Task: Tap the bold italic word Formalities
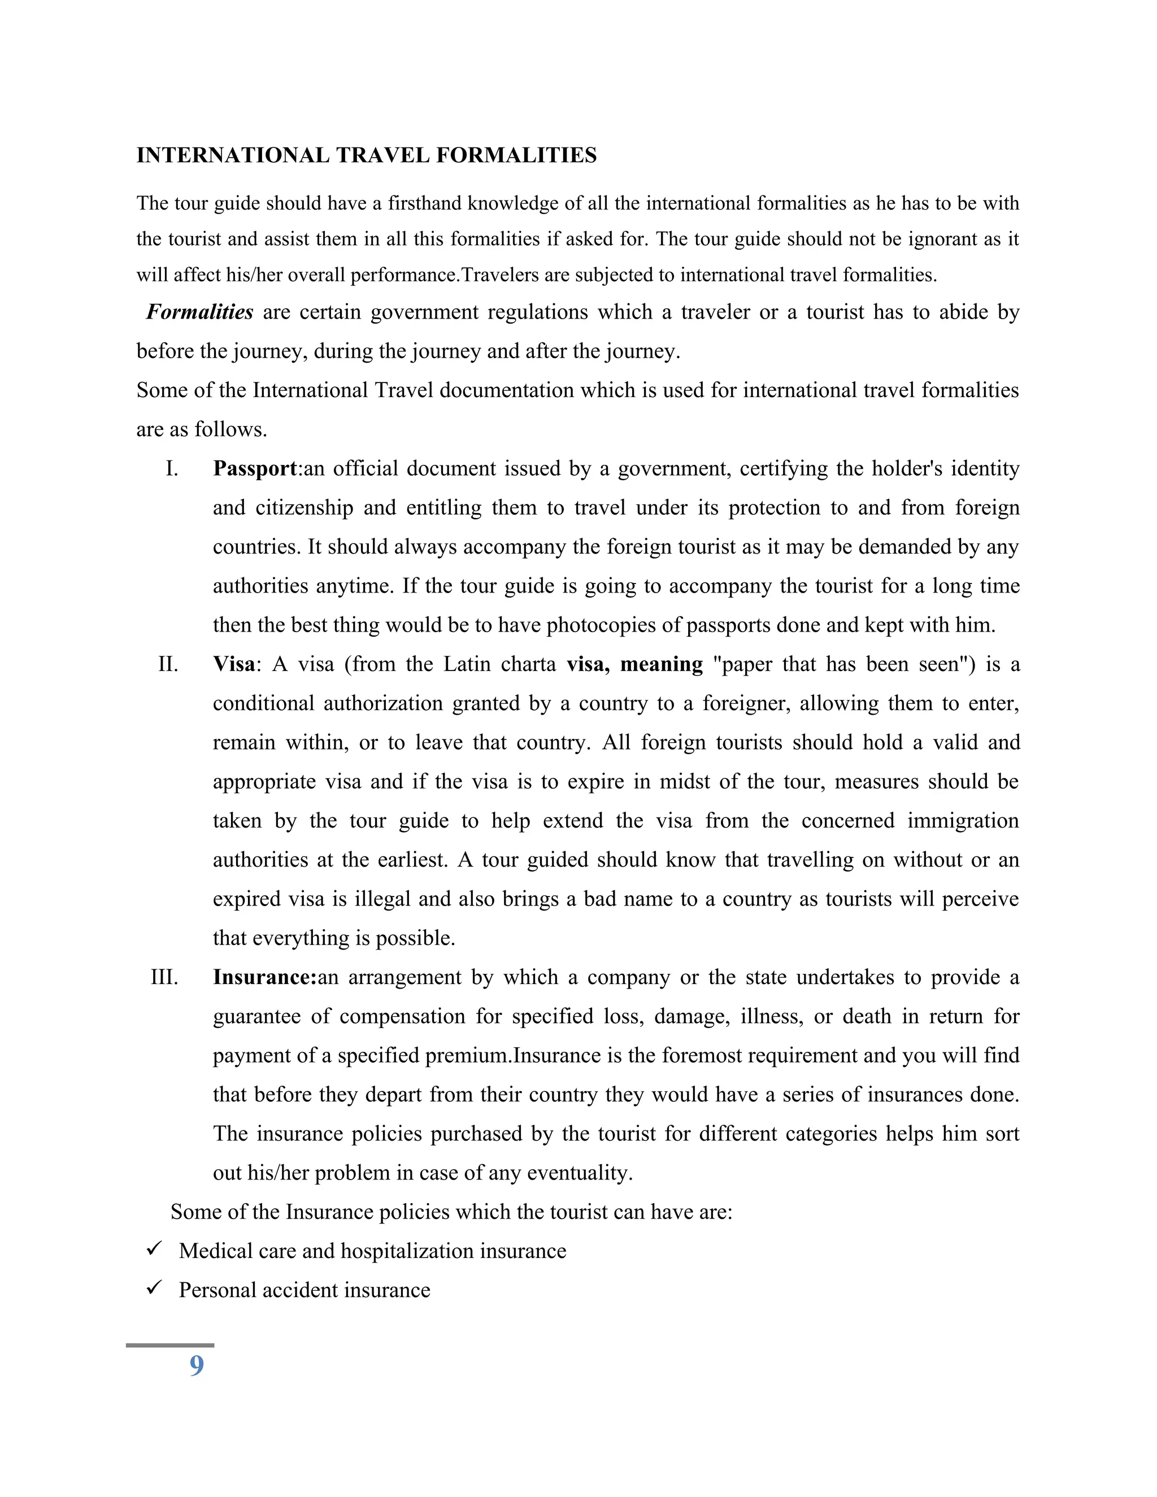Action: pos(199,312)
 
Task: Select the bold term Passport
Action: pos(255,469)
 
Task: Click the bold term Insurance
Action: pos(263,977)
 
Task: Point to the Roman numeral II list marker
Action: pos(168,665)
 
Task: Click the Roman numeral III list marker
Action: pos(164,977)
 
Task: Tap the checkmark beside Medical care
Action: pos(154,1250)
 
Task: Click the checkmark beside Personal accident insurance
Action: pos(154,1289)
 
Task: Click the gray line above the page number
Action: pos(170,1346)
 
